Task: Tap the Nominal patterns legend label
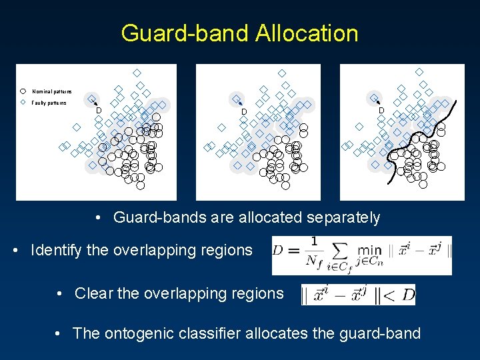pyautogui.click(x=51, y=91)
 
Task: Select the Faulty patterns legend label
pyautogui.click(x=49, y=103)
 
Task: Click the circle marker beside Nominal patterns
pyautogui.click(x=23, y=91)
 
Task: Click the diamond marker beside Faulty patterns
pyautogui.click(x=23, y=103)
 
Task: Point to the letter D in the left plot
pyautogui.click(x=99, y=110)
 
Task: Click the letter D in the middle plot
pyautogui.click(x=244, y=111)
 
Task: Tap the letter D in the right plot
pyautogui.click(x=381, y=110)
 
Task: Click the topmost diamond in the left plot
pyautogui.click(x=137, y=72)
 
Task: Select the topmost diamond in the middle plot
pyautogui.click(x=282, y=72)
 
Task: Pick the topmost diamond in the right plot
pyautogui.click(x=419, y=71)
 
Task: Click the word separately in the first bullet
pyautogui.click(x=344, y=217)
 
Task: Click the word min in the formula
pyautogui.click(x=370, y=251)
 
